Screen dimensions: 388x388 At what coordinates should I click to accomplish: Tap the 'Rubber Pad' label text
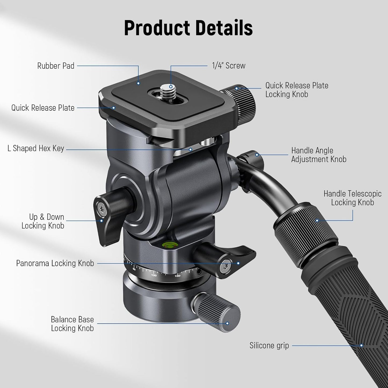[56, 66]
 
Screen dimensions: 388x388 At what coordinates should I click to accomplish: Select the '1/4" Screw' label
[229, 66]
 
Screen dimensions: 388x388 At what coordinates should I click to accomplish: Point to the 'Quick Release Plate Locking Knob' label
[297, 90]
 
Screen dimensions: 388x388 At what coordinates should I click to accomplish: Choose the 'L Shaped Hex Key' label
[36, 148]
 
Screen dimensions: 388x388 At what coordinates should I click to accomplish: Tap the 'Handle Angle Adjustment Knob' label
[319, 155]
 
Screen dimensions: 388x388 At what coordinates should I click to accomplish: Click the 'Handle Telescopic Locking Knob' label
[353, 198]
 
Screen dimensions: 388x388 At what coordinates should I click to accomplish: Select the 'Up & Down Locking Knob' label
[43, 221]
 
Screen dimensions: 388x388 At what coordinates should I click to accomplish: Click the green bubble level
[169, 245]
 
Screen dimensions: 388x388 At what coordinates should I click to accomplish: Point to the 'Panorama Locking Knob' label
[55, 263]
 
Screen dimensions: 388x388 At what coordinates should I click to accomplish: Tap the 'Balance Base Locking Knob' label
[72, 324]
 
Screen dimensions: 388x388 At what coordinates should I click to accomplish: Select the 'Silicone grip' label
[269, 345]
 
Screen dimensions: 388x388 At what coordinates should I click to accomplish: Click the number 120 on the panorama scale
[154, 275]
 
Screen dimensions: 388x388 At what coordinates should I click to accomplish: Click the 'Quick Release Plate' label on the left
[43, 108]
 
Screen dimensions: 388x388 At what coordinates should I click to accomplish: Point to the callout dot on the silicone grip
[361, 345]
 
